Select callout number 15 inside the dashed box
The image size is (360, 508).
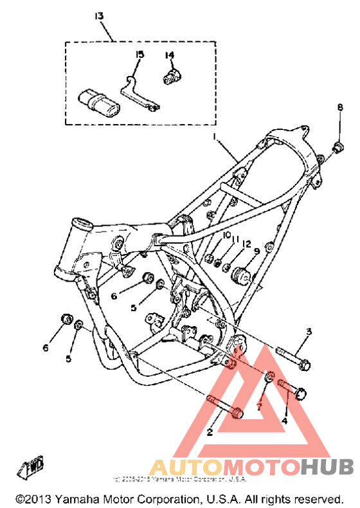[x=138, y=55]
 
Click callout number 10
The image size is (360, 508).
[x=226, y=237]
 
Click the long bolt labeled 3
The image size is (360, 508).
[x=293, y=359]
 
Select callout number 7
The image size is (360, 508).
[x=260, y=406]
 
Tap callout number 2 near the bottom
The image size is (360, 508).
[x=210, y=432]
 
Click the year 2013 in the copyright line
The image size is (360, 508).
[x=41, y=498]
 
